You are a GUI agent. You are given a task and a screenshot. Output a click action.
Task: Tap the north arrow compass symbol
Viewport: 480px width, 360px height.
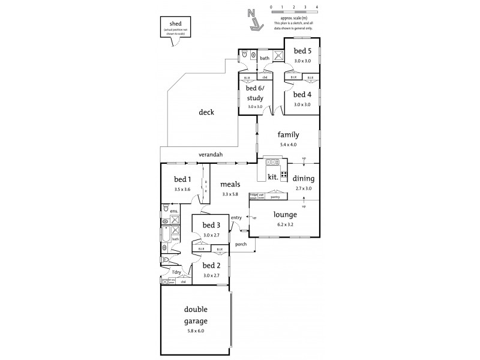tap(254, 20)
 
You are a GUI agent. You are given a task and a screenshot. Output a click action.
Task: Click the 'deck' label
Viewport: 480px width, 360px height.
tap(206, 112)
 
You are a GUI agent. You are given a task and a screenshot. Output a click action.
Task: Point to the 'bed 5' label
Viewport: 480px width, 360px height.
tap(302, 51)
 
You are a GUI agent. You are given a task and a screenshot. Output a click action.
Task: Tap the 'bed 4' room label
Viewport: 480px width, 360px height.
tap(302, 94)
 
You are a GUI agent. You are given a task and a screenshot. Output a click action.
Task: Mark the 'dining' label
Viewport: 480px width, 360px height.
tap(303, 178)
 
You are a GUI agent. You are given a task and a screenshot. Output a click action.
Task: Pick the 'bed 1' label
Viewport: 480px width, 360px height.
tap(182, 179)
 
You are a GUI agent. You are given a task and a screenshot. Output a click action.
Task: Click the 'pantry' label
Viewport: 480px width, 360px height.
tap(276, 197)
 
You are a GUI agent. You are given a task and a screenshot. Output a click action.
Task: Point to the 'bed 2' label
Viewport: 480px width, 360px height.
tap(211, 265)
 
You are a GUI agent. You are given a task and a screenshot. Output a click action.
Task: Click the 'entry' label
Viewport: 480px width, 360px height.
tap(236, 217)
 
